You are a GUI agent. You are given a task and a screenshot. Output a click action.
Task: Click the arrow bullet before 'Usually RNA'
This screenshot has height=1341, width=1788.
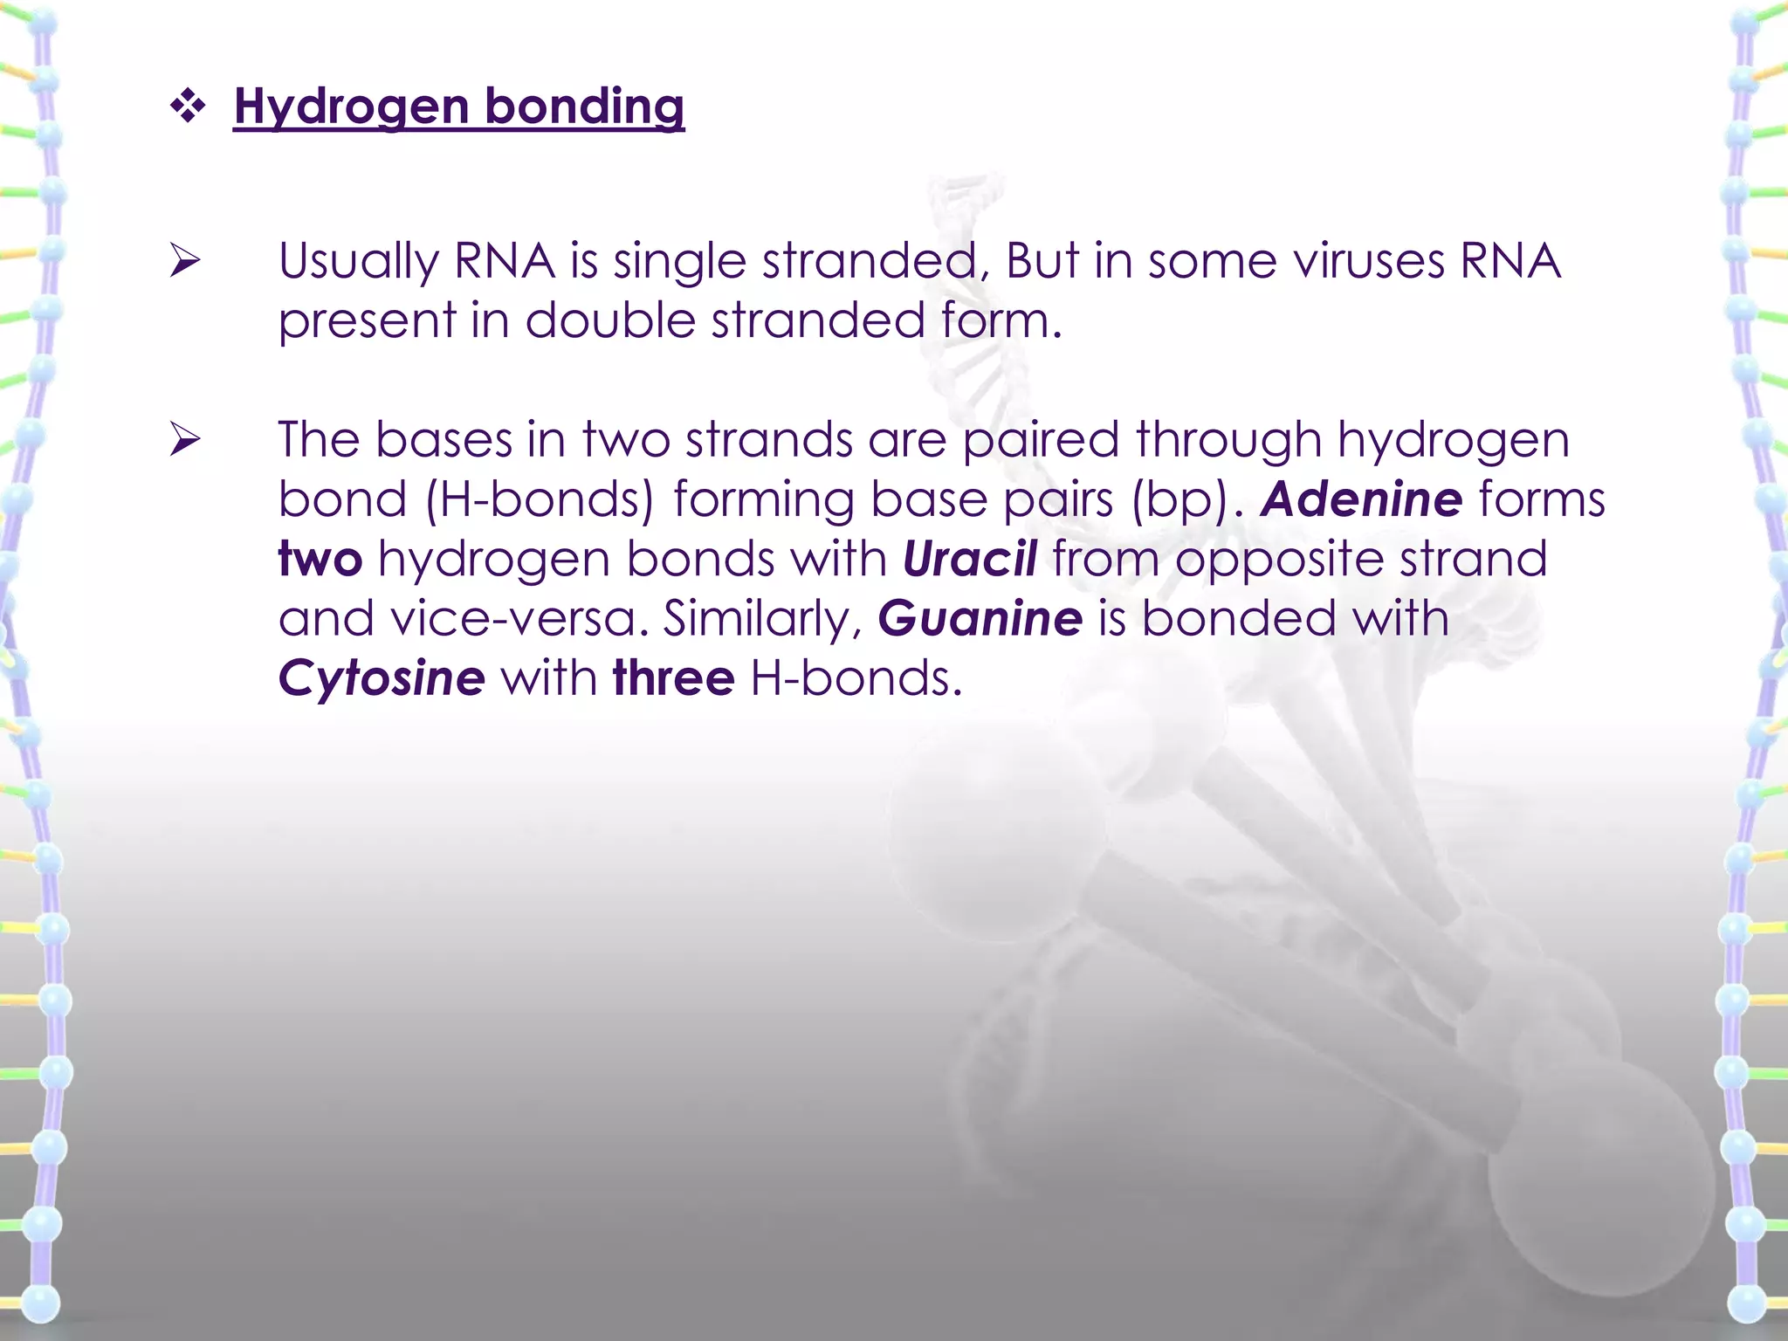click(185, 260)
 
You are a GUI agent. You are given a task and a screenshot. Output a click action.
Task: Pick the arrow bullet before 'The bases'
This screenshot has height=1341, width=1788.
click(185, 439)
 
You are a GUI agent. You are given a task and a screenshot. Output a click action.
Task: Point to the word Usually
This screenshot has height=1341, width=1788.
click(358, 261)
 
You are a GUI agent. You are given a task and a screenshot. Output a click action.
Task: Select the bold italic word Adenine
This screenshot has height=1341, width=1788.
click(1361, 499)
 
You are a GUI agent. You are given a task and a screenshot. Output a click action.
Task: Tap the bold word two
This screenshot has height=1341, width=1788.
click(320, 559)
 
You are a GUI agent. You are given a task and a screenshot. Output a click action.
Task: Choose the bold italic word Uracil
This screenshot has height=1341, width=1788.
click(970, 559)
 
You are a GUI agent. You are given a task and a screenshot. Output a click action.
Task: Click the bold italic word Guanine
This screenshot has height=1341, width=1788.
click(980, 619)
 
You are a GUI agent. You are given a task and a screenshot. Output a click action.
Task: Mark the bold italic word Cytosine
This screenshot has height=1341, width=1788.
click(382, 678)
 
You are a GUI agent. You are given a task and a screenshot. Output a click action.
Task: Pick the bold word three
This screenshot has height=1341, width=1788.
click(673, 678)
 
